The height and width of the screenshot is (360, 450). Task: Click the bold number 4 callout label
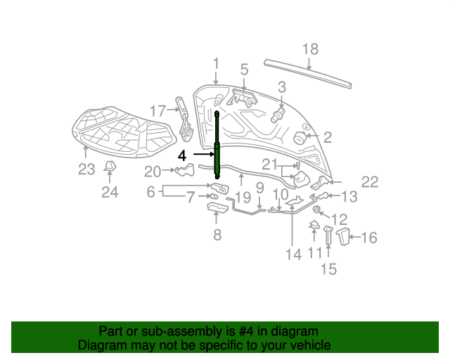click(x=182, y=155)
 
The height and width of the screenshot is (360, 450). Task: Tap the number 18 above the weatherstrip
click(x=310, y=49)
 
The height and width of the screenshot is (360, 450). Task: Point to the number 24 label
click(x=109, y=192)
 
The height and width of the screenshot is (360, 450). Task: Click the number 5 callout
click(x=244, y=70)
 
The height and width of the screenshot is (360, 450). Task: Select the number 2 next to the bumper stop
click(x=327, y=137)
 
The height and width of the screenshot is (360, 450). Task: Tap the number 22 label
click(x=370, y=182)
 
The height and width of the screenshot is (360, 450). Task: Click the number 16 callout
click(x=368, y=238)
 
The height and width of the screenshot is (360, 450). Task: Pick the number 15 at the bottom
click(x=328, y=269)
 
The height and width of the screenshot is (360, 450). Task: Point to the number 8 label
click(x=217, y=235)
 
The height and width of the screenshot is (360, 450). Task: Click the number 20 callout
click(x=153, y=170)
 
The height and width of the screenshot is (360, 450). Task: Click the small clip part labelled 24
click(x=110, y=166)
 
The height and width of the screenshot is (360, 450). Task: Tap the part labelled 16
click(x=343, y=236)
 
